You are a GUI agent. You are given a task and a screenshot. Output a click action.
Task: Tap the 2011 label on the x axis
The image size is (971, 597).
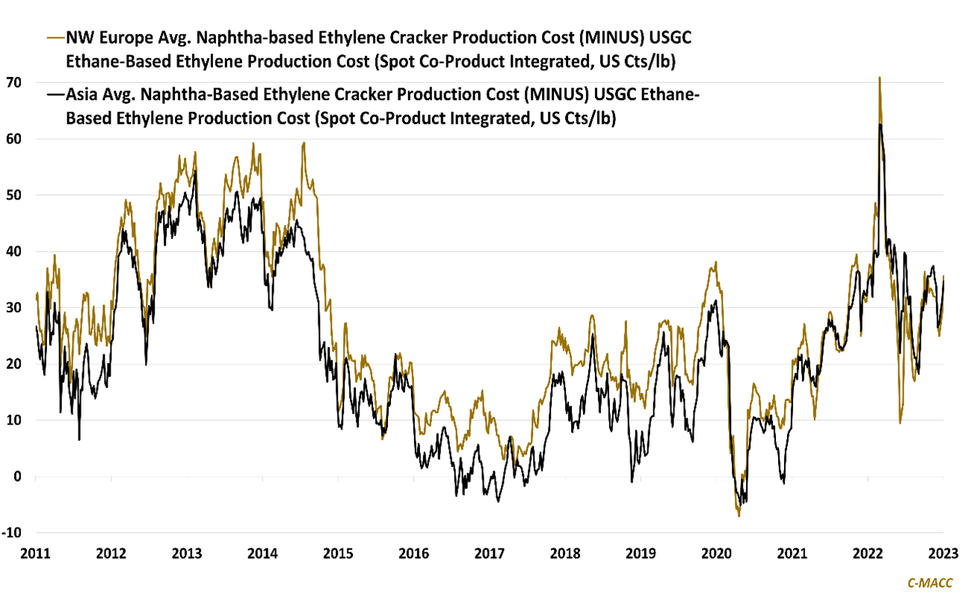(x=35, y=554)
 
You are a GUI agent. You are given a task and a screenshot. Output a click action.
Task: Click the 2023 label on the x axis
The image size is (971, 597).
(x=943, y=554)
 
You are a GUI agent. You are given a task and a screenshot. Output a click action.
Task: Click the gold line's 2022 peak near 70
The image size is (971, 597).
(x=879, y=78)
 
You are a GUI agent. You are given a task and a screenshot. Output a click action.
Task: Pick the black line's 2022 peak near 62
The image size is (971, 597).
(x=881, y=124)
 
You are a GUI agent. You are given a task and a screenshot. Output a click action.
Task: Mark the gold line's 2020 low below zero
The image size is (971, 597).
(x=739, y=516)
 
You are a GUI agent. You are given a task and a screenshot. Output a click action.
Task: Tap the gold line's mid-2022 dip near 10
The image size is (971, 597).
(x=900, y=423)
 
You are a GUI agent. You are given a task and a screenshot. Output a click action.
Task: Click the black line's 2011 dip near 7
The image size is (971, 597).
(x=79, y=439)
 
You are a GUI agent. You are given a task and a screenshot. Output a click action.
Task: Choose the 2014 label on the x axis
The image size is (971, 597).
(x=262, y=554)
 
